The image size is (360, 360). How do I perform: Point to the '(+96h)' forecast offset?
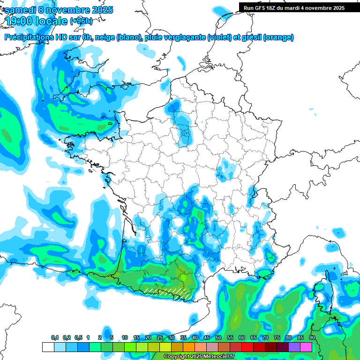[81, 21]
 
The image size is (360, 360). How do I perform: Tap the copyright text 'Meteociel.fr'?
[220, 357]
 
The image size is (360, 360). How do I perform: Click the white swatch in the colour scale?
[48, 347]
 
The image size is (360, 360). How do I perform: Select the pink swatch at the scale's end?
[306, 347]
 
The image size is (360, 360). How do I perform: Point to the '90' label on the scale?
[312, 338]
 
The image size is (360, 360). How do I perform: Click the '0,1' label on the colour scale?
[55, 338]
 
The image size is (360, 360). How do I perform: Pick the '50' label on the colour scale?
[218, 338]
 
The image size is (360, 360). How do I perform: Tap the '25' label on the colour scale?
[160, 338]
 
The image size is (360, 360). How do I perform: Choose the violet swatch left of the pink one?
[294, 347]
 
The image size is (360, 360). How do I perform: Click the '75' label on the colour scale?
[277, 338]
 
